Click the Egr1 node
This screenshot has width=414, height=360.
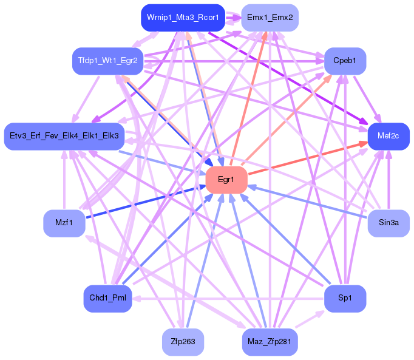pos(226,180)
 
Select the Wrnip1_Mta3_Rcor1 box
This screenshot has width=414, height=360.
pos(183,18)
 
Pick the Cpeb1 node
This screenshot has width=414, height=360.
pos(345,61)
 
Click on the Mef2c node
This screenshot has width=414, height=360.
pos(389,136)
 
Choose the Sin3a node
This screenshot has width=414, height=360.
pos(389,223)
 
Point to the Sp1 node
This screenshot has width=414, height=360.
pos(345,298)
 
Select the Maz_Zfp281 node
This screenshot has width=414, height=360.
pos(270,342)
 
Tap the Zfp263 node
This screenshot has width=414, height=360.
pos(183,342)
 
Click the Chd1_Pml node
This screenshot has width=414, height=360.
pos(107,298)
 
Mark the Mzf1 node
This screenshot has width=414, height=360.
pos(64,223)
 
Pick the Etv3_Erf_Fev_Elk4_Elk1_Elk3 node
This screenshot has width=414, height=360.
pos(64,134)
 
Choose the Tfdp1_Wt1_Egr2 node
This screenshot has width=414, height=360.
pos(107,61)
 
